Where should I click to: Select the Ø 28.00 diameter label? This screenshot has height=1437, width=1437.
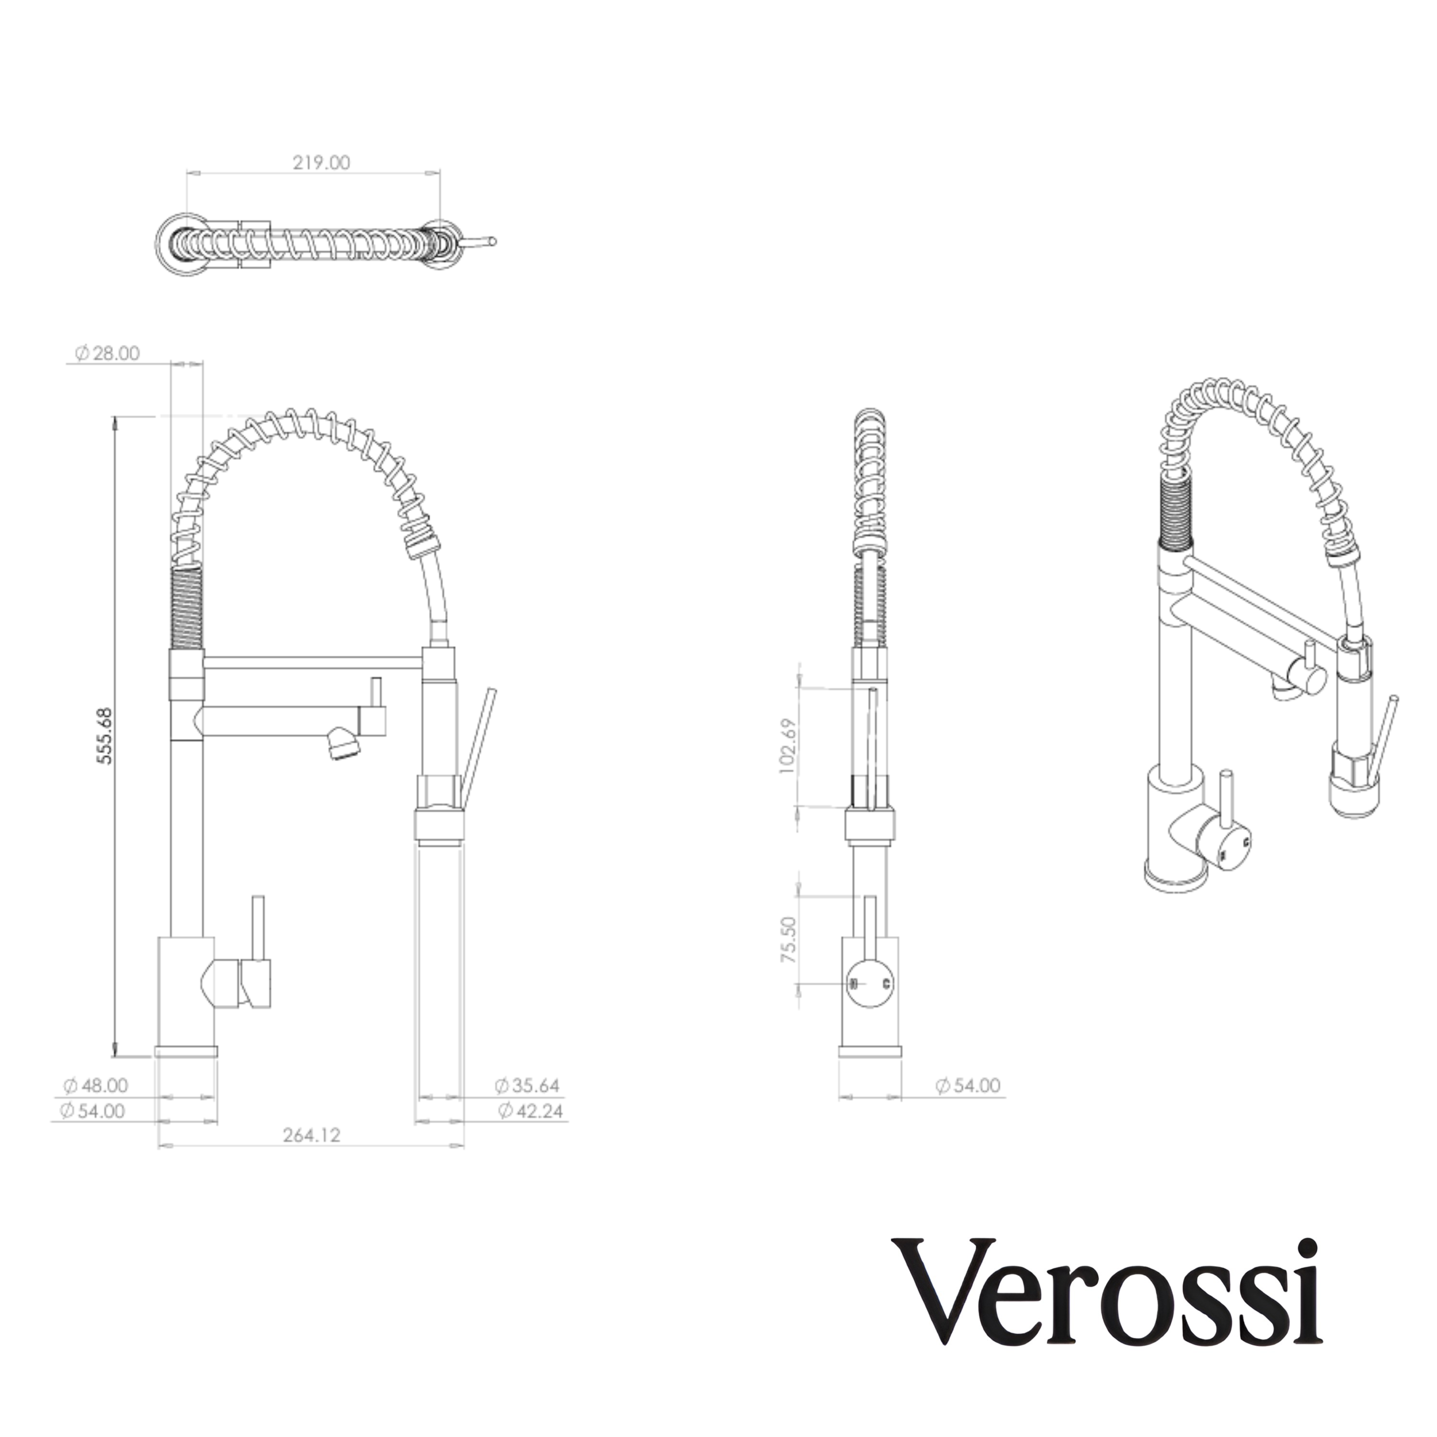coord(108,354)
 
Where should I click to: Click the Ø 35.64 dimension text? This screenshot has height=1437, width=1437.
coord(527,1085)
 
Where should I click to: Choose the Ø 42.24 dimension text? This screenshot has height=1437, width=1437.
coord(530,1111)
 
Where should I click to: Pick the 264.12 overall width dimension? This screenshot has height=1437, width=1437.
coord(311,1135)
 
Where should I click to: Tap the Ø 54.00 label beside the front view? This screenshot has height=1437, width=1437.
coord(968,1085)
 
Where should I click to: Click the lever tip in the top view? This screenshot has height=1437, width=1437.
coord(491,240)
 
